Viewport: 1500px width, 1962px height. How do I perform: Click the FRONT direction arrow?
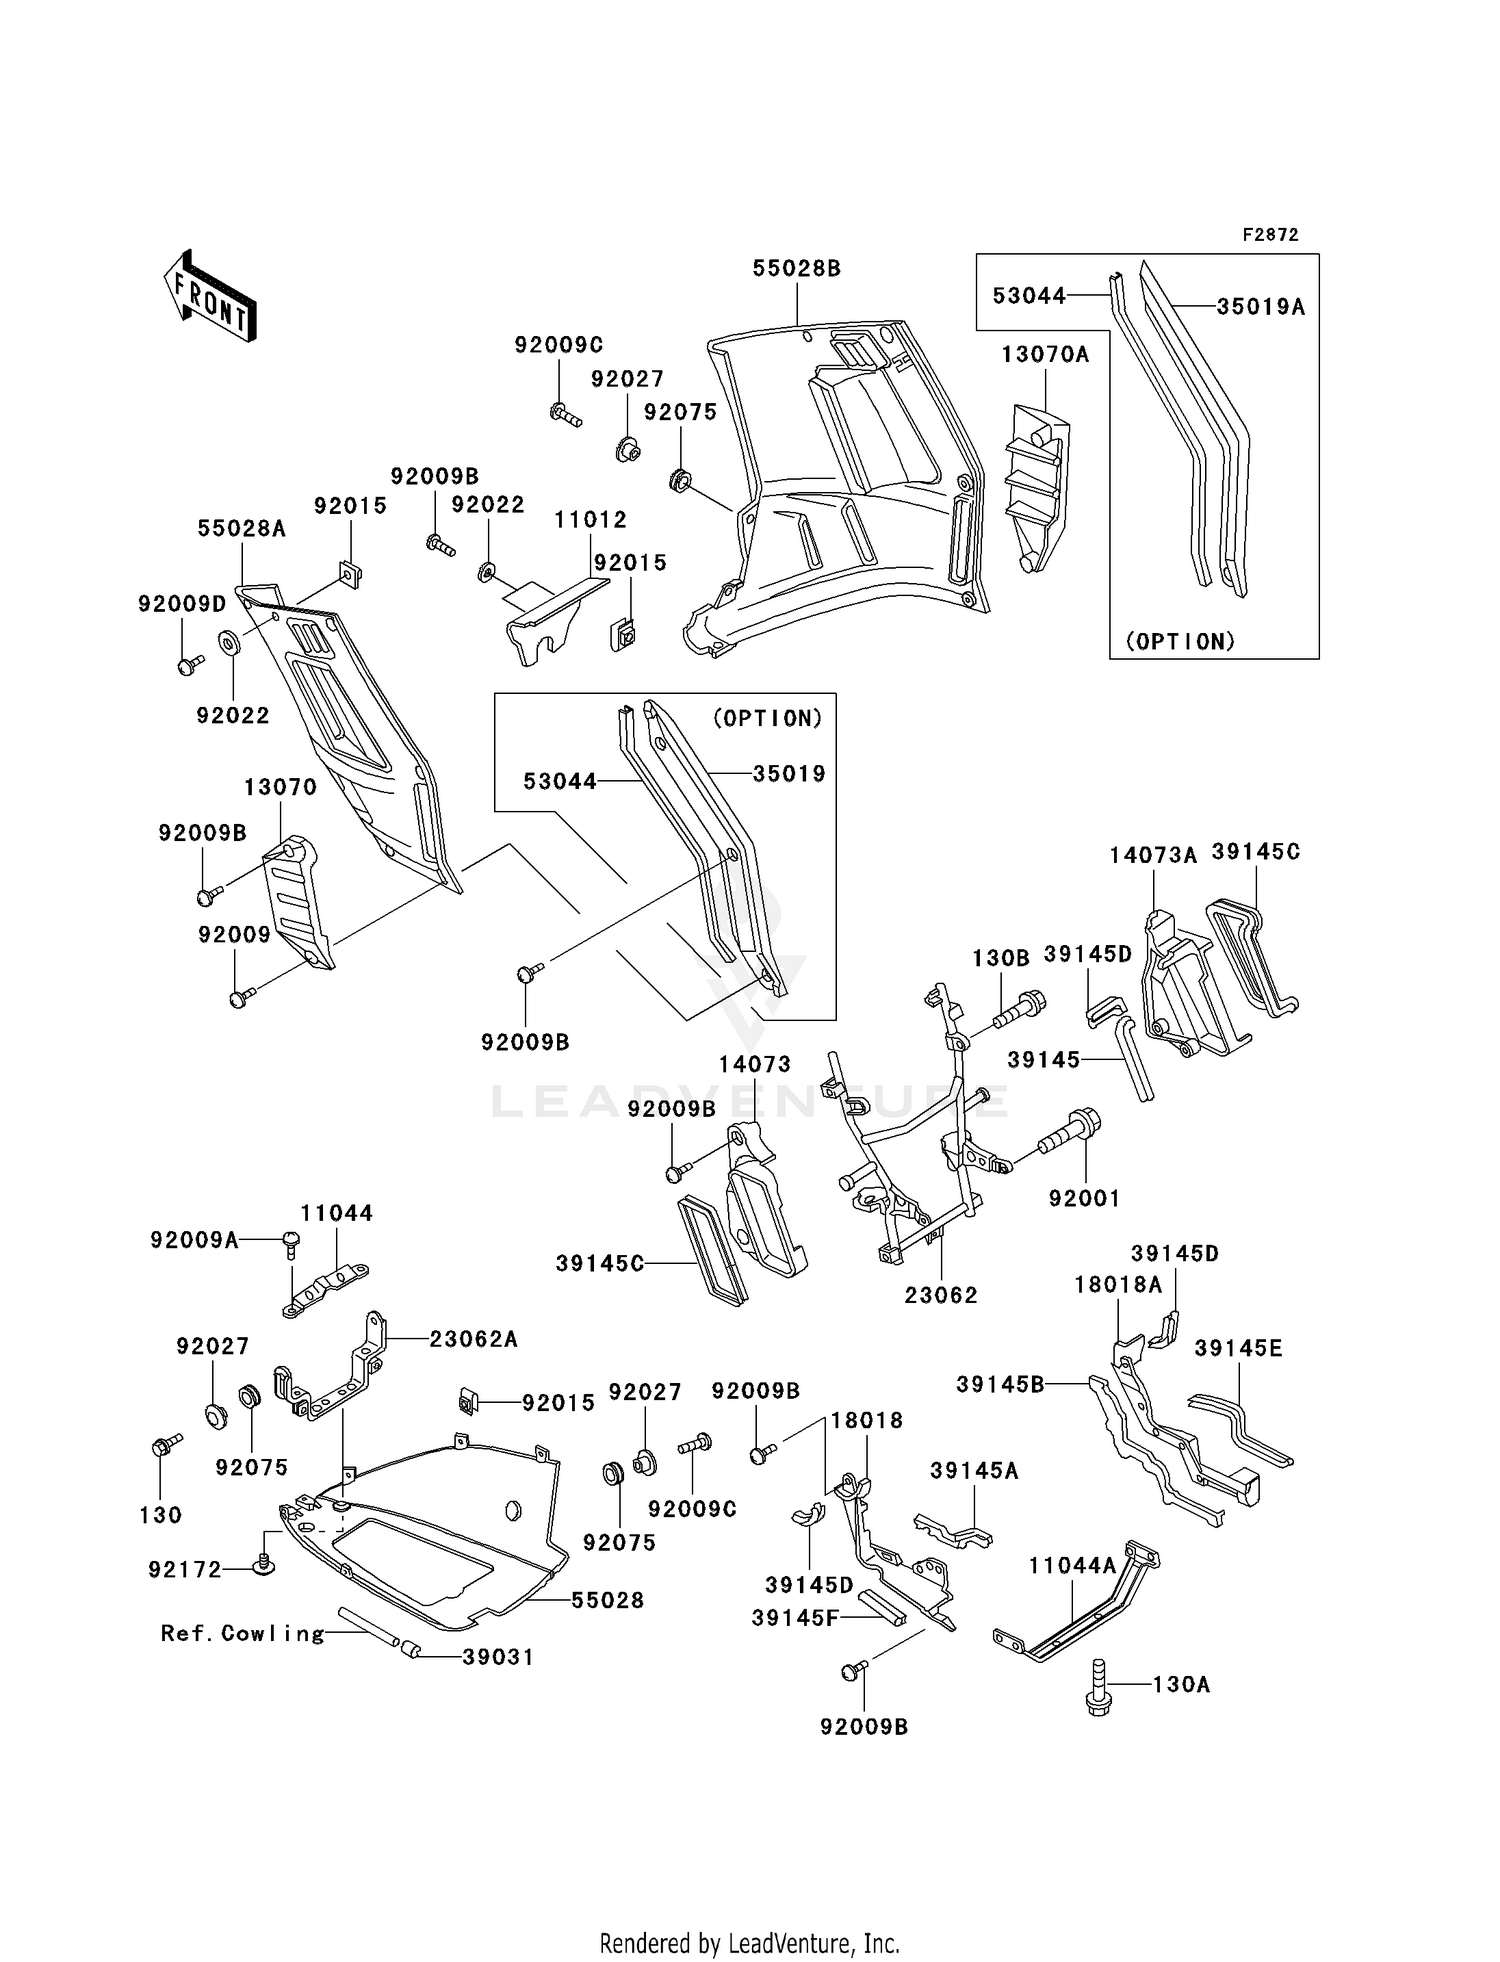210,298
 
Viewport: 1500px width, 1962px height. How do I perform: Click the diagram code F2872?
1270,235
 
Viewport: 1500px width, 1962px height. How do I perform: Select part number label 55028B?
796,268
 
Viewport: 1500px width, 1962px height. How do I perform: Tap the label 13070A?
1045,354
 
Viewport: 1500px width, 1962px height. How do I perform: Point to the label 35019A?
1260,307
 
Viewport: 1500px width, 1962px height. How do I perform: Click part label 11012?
591,519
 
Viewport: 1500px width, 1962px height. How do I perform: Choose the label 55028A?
241,528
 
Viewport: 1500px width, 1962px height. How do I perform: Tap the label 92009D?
182,603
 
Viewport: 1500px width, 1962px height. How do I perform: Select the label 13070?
280,787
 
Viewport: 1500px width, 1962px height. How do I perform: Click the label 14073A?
1153,855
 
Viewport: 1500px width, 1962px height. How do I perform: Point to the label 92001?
1084,1198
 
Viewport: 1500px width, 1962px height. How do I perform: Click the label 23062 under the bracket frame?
940,1295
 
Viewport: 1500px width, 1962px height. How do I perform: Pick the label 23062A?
473,1339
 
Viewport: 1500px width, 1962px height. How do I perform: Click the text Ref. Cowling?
243,1633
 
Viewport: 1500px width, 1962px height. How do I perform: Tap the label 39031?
497,1657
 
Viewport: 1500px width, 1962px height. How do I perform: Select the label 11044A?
1072,1566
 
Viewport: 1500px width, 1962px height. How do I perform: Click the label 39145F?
795,1617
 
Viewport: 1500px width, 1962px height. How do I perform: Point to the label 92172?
185,1570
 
